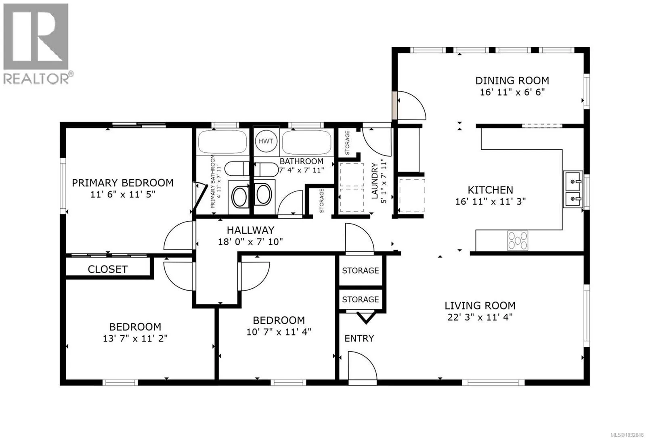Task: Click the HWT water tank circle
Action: point(266,141)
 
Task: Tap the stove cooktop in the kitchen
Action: point(518,240)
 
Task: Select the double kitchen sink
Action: point(573,189)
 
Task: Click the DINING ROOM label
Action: point(512,80)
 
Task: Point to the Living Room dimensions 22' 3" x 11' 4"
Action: point(480,317)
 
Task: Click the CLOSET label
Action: point(107,269)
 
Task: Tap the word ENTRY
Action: point(359,338)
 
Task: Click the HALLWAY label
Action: point(250,230)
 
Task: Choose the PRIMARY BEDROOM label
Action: point(123,183)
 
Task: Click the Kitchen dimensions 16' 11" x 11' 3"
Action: point(490,201)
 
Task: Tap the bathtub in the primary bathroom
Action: point(222,142)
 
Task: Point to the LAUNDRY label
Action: point(374,181)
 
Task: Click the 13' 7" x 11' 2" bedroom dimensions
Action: point(135,338)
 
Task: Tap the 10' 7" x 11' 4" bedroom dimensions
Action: point(279,332)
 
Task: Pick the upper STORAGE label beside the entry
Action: point(361,270)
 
